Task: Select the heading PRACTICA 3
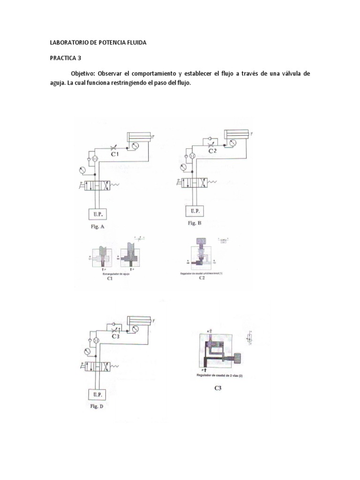(66, 59)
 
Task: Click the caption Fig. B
(195, 224)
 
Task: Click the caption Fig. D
(100, 406)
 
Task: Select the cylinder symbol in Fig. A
(139, 136)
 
